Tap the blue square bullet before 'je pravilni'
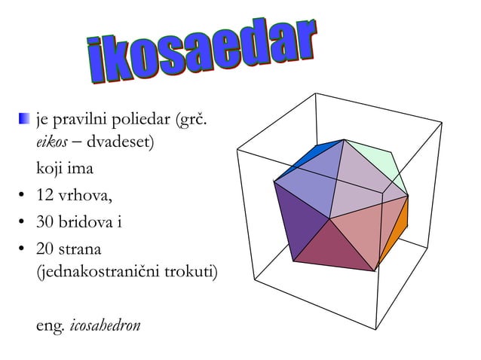pyautogui.click(x=26, y=118)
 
